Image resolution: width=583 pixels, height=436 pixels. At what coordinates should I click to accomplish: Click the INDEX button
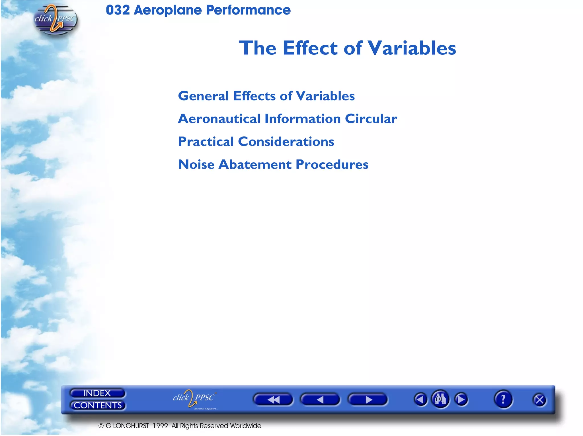97,393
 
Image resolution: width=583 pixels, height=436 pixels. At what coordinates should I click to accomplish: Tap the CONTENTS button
98,405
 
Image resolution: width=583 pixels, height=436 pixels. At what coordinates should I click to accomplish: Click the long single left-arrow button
320,400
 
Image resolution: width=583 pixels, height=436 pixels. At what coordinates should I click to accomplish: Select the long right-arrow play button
368,400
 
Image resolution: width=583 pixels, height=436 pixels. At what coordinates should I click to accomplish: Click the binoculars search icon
440,399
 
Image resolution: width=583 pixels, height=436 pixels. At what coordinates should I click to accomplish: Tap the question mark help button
503,399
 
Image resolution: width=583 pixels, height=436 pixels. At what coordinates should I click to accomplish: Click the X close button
539,400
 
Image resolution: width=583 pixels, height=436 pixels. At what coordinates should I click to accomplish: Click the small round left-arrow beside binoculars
420,400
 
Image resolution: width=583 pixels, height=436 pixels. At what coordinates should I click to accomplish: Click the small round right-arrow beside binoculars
461,400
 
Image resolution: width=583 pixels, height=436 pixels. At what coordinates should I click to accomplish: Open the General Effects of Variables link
266,96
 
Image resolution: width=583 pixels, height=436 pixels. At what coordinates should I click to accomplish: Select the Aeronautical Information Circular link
287,119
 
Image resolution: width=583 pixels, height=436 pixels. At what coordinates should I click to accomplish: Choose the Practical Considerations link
256,142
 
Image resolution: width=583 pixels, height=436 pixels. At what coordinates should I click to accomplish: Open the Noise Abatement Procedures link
273,164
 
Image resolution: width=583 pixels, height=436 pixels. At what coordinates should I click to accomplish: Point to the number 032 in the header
118,10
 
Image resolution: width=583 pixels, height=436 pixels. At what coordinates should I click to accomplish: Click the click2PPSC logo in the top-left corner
55,19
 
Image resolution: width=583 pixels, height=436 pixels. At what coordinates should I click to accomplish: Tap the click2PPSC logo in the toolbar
194,398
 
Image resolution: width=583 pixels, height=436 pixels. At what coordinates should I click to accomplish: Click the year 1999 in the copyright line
160,426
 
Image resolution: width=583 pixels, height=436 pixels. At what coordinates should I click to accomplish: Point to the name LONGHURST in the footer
131,426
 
